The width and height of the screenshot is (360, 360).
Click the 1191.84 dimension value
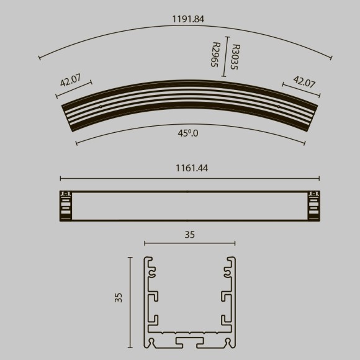(188, 19)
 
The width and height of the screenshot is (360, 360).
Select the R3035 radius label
(235, 56)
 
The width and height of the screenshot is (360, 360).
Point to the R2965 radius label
(215, 55)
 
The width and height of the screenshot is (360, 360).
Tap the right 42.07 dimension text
(304, 81)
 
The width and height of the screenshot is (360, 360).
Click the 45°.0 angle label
(188, 133)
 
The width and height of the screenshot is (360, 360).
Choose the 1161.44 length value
(189, 168)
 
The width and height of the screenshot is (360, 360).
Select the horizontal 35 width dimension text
(189, 235)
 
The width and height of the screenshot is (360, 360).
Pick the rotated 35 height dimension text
(119, 297)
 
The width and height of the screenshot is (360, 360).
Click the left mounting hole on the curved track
(101, 106)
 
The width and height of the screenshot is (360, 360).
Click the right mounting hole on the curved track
(278, 106)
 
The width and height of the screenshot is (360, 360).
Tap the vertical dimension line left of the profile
(130, 302)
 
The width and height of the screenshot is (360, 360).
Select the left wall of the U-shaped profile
(148, 298)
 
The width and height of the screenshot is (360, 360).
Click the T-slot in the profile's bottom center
(190, 342)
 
